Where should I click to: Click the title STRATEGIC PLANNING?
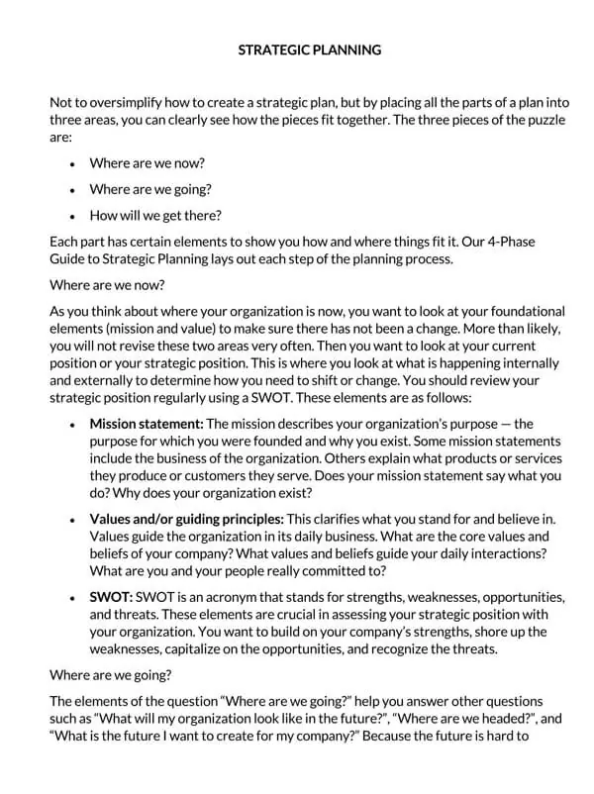(x=310, y=50)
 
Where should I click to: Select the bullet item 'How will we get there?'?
(x=155, y=215)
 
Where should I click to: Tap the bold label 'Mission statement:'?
(x=146, y=424)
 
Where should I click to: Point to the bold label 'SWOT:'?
(x=111, y=597)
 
